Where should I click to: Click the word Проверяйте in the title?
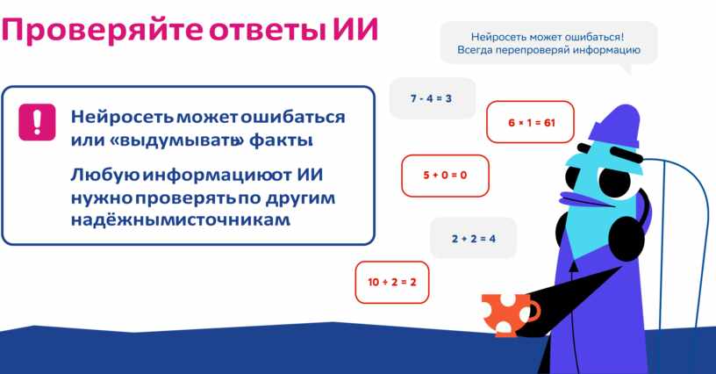coord(103,30)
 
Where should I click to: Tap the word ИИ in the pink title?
coord(355,30)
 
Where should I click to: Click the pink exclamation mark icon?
coord(37,122)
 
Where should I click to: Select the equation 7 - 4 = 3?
coord(431,98)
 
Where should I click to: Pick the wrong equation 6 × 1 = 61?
coord(532,122)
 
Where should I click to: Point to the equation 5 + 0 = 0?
coord(445,175)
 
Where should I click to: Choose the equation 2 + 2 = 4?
coord(474,239)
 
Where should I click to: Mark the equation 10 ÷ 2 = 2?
coord(392,282)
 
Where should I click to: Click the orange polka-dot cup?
coord(507,314)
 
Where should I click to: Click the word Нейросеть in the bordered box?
coord(122,117)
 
